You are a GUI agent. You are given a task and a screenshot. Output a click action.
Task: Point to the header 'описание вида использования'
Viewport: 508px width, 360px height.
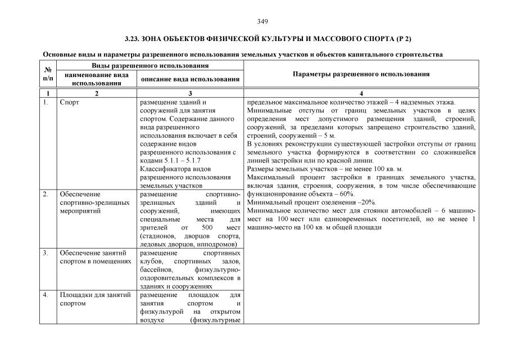[190, 79]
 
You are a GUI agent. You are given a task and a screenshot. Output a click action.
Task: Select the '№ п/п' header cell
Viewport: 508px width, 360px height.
[48, 74]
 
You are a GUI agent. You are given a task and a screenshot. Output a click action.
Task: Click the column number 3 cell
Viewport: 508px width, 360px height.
[190, 93]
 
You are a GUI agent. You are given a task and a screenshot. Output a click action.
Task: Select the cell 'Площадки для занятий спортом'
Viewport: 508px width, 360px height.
[95, 299]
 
